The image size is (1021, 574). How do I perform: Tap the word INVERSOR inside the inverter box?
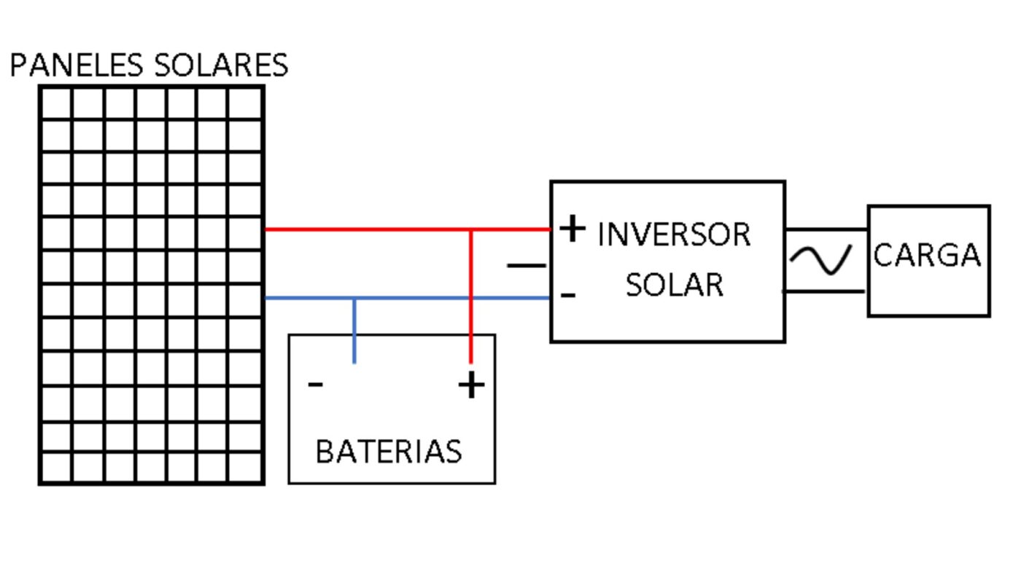[x=674, y=235]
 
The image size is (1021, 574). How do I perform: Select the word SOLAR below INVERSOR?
[x=675, y=285]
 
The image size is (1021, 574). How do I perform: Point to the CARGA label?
[x=927, y=256]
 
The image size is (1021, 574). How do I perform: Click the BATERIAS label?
[x=389, y=452]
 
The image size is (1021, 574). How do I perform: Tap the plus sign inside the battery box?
[x=471, y=385]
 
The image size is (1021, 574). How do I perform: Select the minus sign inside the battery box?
[x=315, y=384]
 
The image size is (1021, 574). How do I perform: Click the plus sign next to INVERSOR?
[x=573, y=229]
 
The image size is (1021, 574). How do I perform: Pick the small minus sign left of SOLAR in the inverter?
[x=569, y=295]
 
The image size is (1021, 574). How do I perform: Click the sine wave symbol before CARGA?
[x=820, y=260]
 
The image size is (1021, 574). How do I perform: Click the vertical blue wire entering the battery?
[x=354, y=331]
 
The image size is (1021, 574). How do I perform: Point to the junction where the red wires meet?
[x=471, y=229]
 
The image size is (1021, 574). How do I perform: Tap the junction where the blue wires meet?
[x=354, y=298]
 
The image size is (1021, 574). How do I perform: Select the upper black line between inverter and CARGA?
[x=826, y=229]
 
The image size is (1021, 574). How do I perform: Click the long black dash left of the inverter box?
[x=526, y=266]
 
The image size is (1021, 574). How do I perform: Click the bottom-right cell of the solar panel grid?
[x=245, y=467]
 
